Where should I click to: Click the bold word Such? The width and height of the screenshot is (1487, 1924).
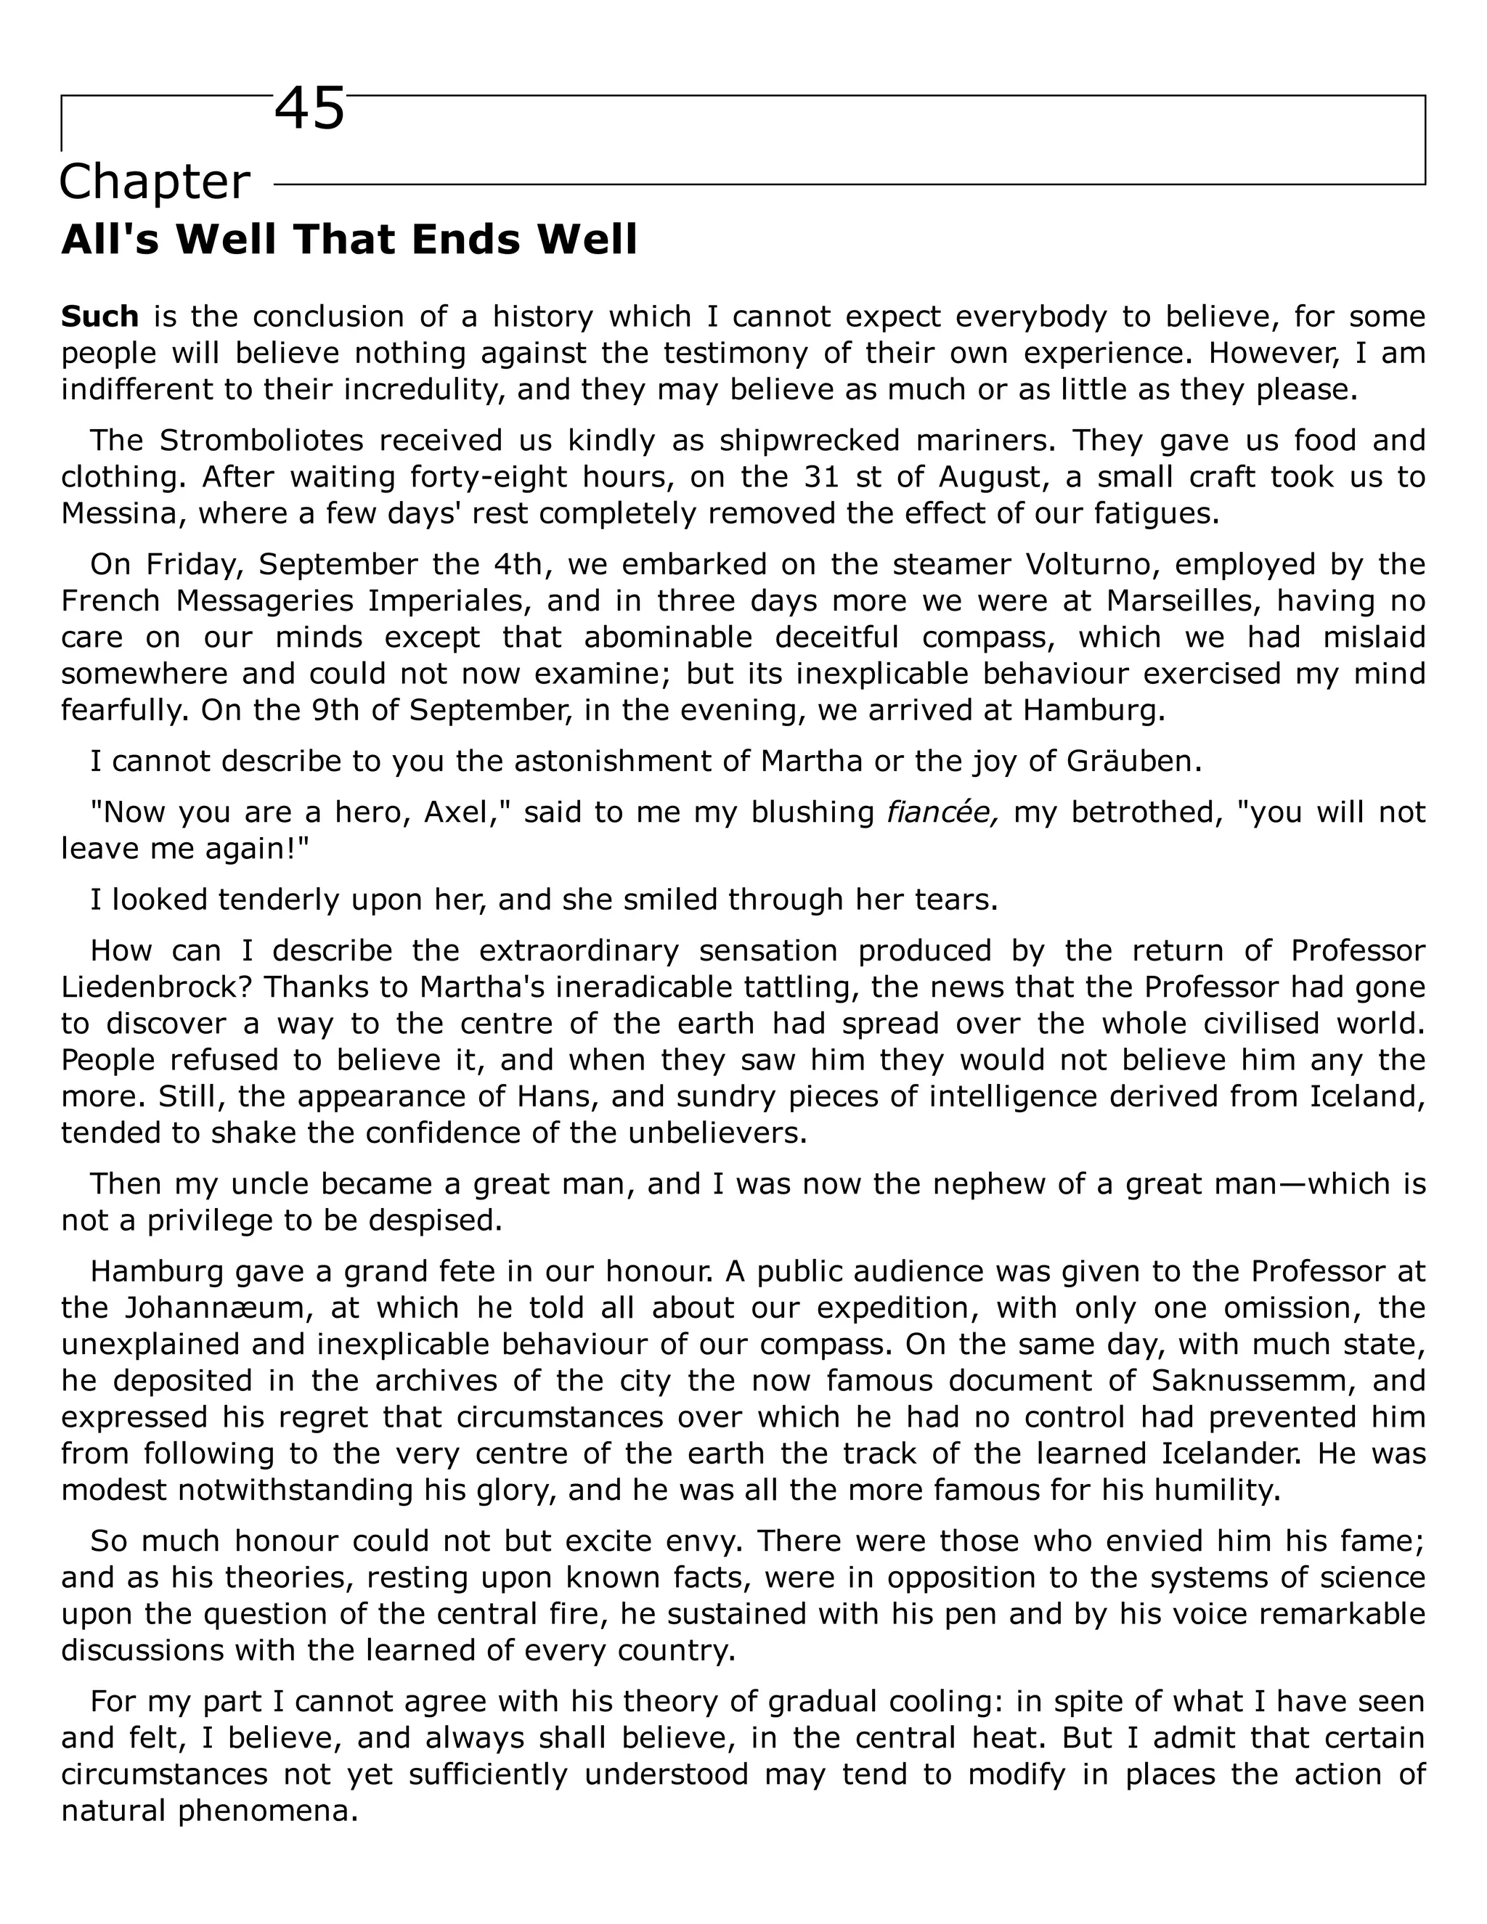pos(99,317)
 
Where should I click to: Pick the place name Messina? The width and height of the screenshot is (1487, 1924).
pos(119,513)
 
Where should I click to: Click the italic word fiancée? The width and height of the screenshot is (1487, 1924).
pos(942,812)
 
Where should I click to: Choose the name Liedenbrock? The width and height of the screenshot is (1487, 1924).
pos(156,987)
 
